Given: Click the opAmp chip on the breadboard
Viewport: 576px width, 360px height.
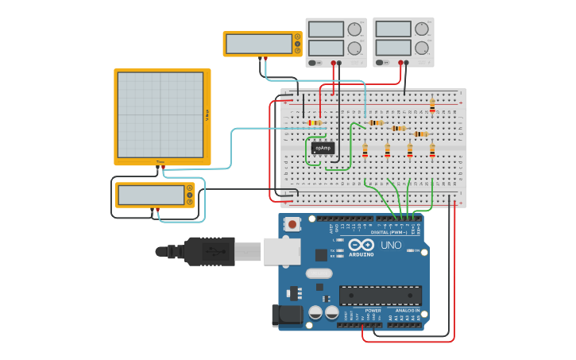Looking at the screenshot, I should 323,148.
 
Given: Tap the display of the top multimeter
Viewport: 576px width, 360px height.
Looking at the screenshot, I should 258,44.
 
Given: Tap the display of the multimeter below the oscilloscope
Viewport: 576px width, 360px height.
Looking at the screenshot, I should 150,195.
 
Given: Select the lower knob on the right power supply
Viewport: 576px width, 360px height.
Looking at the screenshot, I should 421,48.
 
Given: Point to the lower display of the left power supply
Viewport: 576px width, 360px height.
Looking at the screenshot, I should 326,48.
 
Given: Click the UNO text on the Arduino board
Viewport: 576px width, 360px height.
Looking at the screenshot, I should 392,245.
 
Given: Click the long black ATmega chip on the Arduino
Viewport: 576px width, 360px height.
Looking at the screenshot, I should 380,296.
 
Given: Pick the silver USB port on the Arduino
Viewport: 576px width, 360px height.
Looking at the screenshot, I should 281,251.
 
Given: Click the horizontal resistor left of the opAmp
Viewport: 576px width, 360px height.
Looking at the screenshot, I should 315,122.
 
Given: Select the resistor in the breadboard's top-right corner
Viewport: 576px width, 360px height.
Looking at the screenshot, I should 432,104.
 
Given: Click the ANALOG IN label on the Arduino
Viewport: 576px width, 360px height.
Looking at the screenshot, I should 407,311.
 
